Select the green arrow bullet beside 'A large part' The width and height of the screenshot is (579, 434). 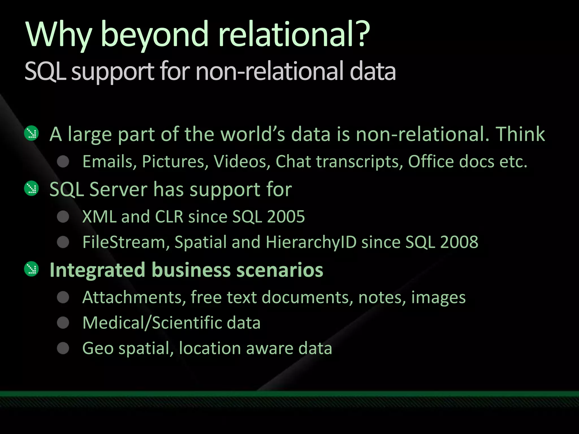click(x=31, y=133)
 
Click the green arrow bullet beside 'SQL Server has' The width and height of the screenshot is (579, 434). click(x=31, y=188)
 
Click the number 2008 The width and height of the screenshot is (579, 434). click(x=459, y=242)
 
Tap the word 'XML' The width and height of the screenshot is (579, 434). click(x=99, y=217)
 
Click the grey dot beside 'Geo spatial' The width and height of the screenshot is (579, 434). click(x=63, y=348)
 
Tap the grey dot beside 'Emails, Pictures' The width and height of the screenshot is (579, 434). click(x=63, y=162)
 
